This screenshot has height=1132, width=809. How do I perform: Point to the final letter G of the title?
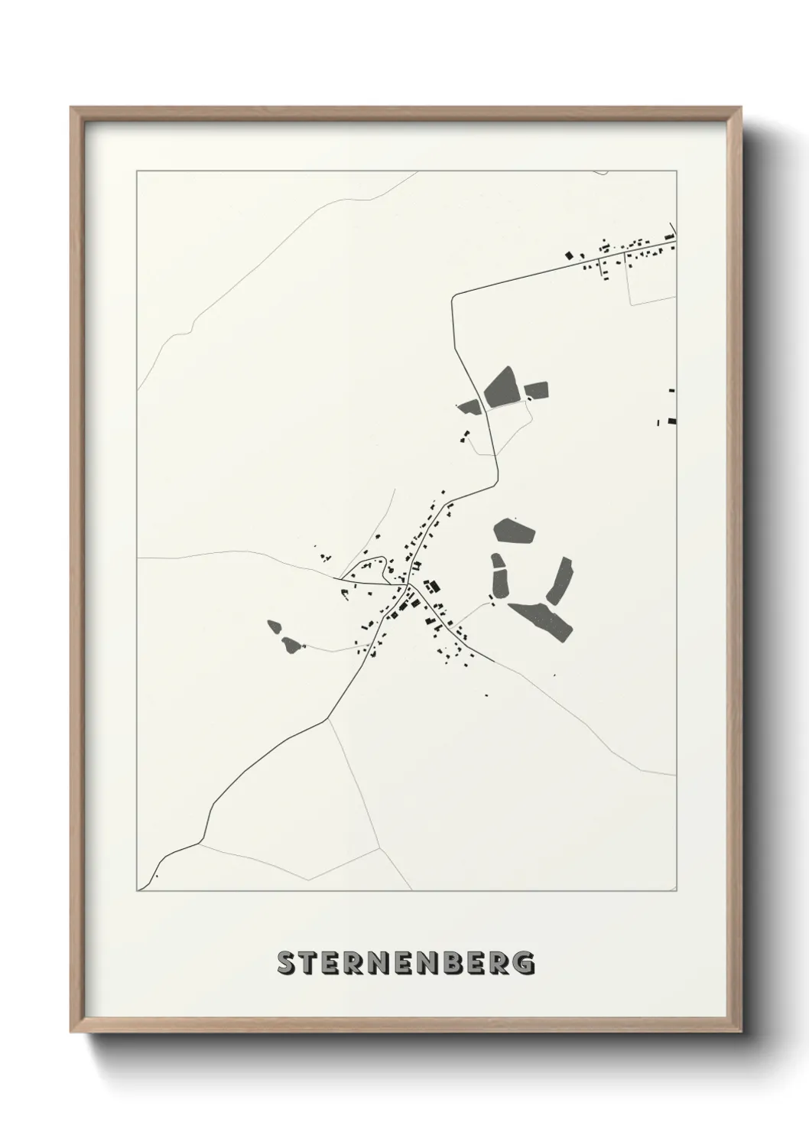tap(524, 964)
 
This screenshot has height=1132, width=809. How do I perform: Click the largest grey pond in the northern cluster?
tap(501, 385)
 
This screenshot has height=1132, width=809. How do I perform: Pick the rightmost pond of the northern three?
tap(537, 392)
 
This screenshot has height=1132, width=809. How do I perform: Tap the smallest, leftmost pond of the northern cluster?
tap(469, 406)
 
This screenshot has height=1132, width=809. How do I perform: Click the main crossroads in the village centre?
tap(410, 585)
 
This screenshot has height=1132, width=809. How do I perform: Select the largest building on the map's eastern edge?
tap(672, 419)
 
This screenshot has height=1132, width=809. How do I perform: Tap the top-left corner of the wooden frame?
tap(71, 108)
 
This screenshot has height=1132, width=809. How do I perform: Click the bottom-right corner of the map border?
tap(676, 890)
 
